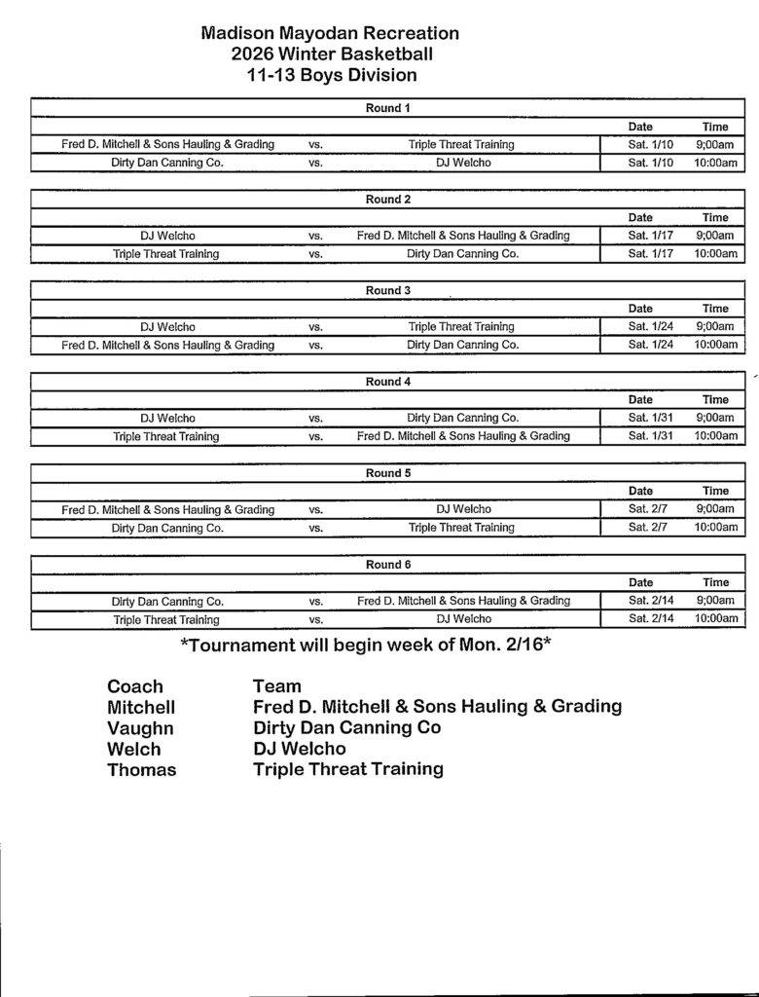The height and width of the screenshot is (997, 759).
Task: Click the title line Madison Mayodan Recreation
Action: click(330, 33)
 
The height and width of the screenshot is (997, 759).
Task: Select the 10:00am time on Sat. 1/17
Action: click(715, 254)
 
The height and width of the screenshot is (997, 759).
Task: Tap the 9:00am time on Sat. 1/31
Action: click(715, 418)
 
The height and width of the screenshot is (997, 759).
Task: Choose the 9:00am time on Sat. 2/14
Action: click(715, 601)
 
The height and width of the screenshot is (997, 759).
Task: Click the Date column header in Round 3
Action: click(640, 309)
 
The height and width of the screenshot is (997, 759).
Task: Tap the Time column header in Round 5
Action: click(715, 491)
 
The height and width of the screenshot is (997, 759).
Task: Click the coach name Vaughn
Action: click(141, 728)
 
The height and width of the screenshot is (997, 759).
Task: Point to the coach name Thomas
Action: click(142, 770)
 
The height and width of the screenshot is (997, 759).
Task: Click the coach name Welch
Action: click(134, 750)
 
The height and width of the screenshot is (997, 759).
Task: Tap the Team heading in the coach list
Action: click(277, 686)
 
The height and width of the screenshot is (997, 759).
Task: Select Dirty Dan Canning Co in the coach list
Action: click(346, 728)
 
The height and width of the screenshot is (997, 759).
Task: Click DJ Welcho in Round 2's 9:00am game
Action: click(168, 236)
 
